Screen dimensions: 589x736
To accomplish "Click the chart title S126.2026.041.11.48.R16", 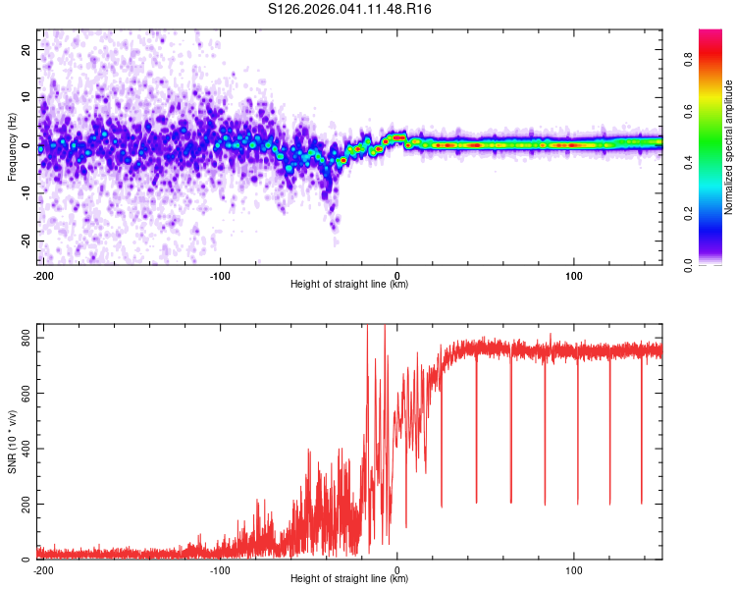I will [x=350, y=10].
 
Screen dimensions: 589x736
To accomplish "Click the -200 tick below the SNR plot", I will [x=43, y=569].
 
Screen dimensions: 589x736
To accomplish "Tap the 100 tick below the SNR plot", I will [x=573, y=569].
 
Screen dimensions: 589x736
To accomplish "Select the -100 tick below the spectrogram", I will [x=220, y=275].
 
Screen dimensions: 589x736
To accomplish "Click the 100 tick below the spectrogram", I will [x=573, y=275].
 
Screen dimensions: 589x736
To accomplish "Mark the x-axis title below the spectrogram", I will [x=349, y=285].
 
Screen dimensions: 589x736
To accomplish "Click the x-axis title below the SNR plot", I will [x=349, y=579].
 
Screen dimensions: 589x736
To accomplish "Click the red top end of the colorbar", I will [x=710, y=32].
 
